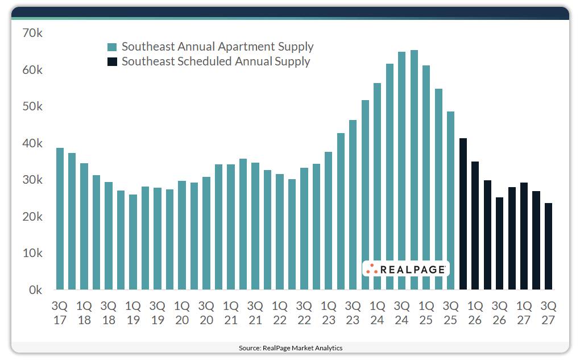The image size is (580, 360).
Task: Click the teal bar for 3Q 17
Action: click(60, 219)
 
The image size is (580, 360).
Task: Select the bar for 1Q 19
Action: click(133, 242)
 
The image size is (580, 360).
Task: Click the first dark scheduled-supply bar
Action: click(463, 214)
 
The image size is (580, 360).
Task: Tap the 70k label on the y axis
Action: click(32, 34)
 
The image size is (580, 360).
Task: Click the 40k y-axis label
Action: click(32, 143)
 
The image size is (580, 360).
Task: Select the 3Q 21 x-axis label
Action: click(255, 312)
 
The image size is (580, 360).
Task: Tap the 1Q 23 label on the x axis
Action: click(329, 312)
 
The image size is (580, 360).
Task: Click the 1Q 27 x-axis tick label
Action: click(524, 312)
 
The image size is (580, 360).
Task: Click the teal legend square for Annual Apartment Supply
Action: click(113, 47)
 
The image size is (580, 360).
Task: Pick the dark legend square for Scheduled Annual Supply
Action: click(113, 61)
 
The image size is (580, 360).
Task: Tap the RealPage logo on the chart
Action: click(405, 269)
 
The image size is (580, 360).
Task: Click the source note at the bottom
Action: click(290, 348)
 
